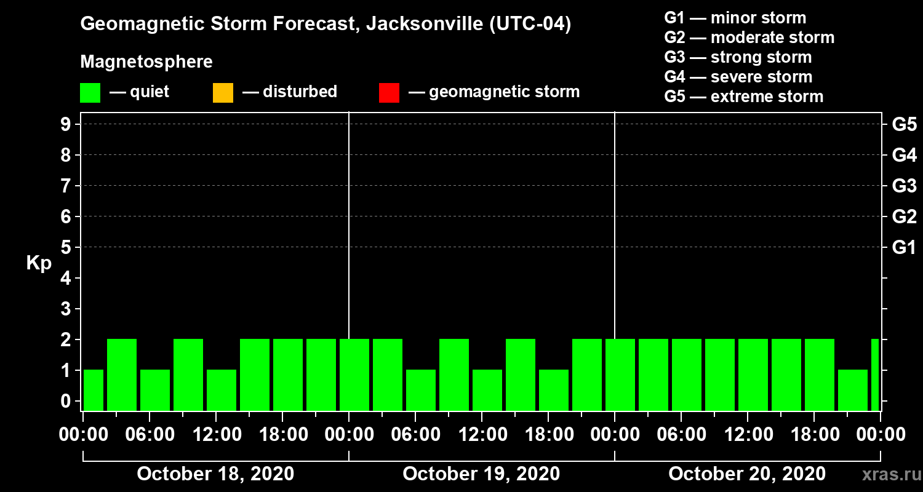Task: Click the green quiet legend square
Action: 90,92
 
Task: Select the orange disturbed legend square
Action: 223,92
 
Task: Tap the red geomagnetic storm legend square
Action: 389,92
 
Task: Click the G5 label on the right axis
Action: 904,124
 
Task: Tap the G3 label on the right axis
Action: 904,186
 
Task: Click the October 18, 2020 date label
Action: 215,474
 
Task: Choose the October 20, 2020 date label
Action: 746,474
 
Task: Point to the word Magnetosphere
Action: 146,62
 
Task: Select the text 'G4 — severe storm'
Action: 738,77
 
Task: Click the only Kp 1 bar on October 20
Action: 853,390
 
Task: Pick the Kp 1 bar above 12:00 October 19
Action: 487,390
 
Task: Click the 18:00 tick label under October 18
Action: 282,435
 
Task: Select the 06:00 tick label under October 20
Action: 681,435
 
